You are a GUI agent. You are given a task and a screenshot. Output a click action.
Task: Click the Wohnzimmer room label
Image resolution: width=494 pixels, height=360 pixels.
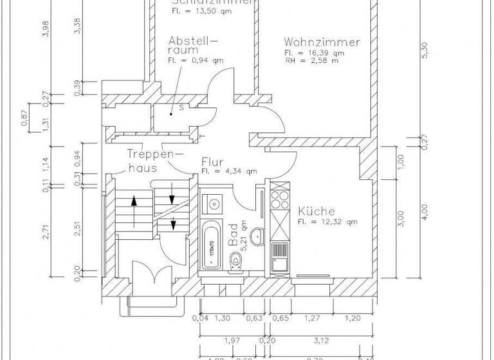322,42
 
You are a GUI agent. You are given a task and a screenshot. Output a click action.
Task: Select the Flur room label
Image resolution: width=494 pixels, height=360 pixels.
212,162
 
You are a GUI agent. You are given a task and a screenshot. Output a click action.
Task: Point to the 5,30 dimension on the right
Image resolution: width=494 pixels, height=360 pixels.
423,56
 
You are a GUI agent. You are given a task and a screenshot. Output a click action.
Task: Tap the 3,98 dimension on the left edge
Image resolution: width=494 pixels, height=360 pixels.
44,30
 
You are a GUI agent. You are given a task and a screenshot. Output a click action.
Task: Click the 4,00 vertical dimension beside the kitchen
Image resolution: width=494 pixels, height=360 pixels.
423,211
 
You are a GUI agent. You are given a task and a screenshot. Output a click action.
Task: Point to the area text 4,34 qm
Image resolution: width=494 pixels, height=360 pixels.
229,172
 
